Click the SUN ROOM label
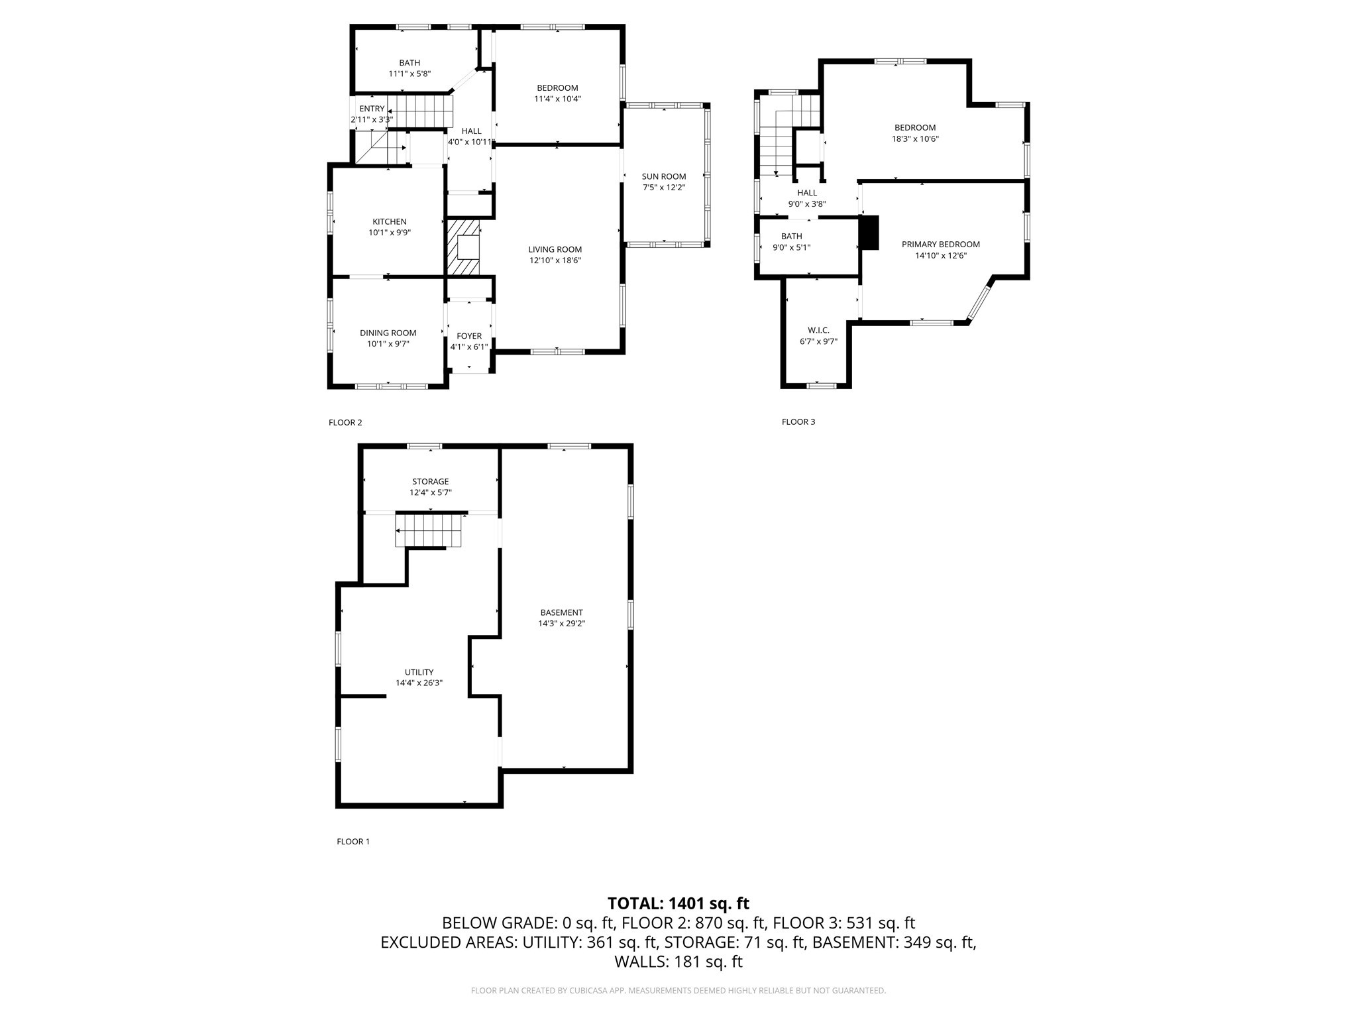click(x=663, y=176)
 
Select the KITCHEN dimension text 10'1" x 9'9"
click(x=390, y=233)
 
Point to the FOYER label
click(x=469, y=336)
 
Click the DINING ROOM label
click(x=388, y=333)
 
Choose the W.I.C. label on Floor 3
click(x=818, y=330)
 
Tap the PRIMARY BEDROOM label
click(x=940, y=245)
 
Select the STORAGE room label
click(x=430, y=482)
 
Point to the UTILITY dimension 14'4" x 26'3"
click(x=419, y=683)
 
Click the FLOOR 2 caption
click(x=345, y=423)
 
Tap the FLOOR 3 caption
click(x=798, y=422)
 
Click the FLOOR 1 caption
click(x=353, y=842)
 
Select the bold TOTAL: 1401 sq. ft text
click(x=678, y=903)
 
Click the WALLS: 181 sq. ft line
click(x=678, y=962)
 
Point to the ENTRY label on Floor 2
click(x=372, y=109)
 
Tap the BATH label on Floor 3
click(x=791, y=237)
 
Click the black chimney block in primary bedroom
click(x=869, y=233)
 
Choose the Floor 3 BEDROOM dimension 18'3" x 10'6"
click(x=915, y=139)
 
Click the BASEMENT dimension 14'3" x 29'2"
click(x=561, y=624)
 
